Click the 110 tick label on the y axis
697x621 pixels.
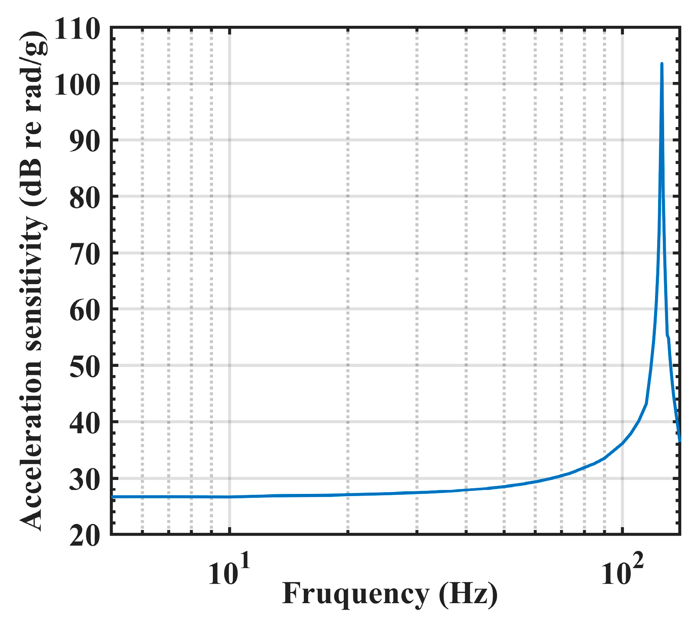pyautogui.click(x=77, y=31)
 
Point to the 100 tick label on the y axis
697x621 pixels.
pyautogui.click(x=77, y=85)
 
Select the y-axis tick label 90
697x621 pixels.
pyautogui.click(x=84, y=142)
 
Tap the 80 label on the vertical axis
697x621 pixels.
pyautogui.click(x=84, y=198)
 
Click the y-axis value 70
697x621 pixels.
pyautogui.click(x=84, y=254)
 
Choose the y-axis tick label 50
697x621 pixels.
pyautogui.click(x=84, y=367)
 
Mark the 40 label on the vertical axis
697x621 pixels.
pyautogui.click(x=84, y=423)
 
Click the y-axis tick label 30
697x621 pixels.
pyautogui.click(x=84, y=480)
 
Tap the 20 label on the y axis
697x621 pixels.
pyautogui.click(x=84, y=536)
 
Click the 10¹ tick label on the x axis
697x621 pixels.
pyautogui.click(x=229, y=572)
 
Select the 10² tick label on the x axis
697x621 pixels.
pyautogui.click(x=622, y=572)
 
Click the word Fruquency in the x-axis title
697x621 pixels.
pyautogui.click(x=356, y=595)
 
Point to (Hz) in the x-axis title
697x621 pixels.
pyautogui.click(x=468, y=595)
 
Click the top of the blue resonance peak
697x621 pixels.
pyautogui.click(x=662, y=64)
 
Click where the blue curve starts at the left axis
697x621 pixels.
pyautogui.click(x=113, y=497)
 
